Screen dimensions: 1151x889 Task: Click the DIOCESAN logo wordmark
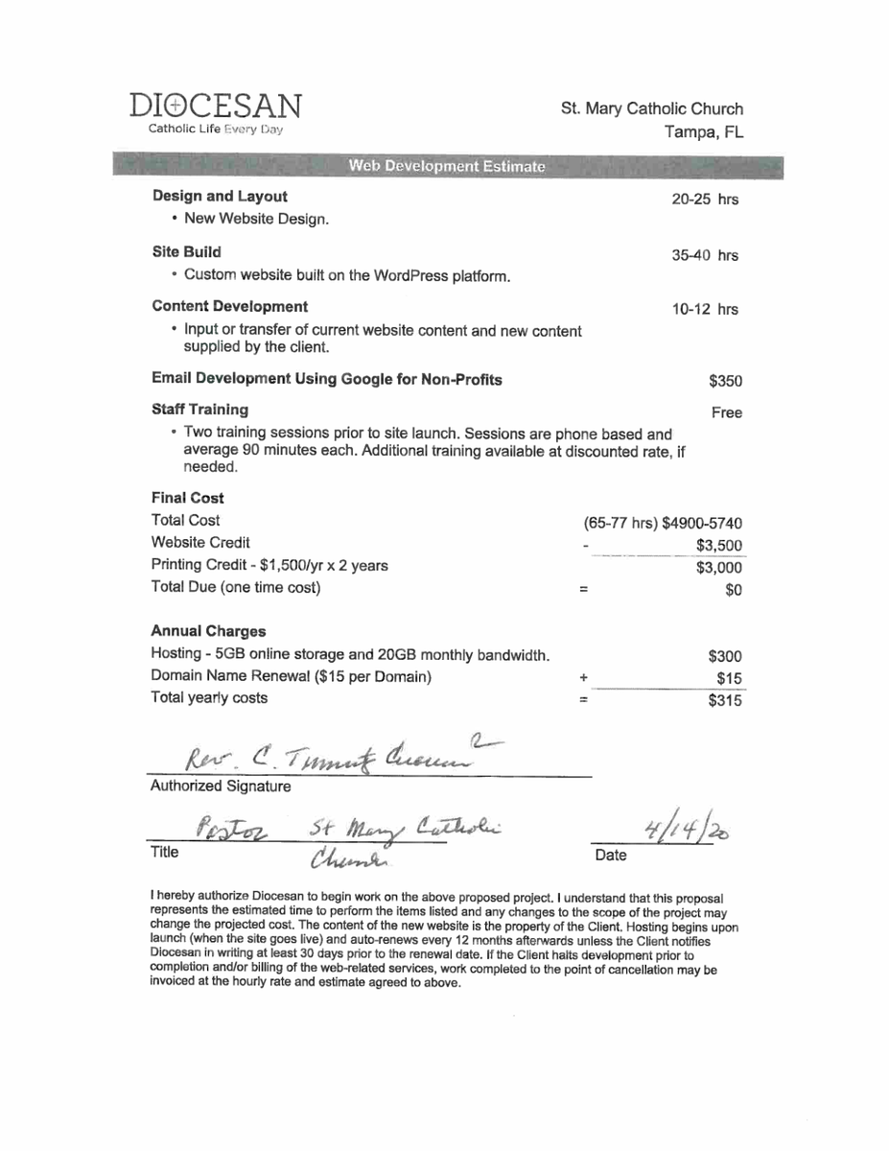coord(216,106)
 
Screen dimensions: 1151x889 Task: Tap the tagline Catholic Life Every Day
coord(215,129)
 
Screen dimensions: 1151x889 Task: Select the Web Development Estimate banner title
coord(447,167)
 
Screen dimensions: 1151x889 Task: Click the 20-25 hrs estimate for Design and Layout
coord(706,200)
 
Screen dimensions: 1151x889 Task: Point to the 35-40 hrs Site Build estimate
coord(706,256)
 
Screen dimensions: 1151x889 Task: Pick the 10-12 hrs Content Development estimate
coord(706,310)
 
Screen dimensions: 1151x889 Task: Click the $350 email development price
coord(725,382)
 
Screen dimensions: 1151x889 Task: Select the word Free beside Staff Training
coord(727,413)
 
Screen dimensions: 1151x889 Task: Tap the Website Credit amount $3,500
coord(719,546)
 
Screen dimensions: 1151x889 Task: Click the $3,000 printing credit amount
coord(719,568)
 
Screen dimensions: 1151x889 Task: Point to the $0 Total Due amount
coord(734,590)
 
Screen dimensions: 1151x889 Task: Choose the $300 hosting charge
coord(725,657)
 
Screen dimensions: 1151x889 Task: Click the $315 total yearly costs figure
coord(725,701)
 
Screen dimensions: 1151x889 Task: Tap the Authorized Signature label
coord(220,787)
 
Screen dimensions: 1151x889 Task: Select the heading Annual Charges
coord(208,632)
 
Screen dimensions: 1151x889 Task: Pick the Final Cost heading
coord(188,499)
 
